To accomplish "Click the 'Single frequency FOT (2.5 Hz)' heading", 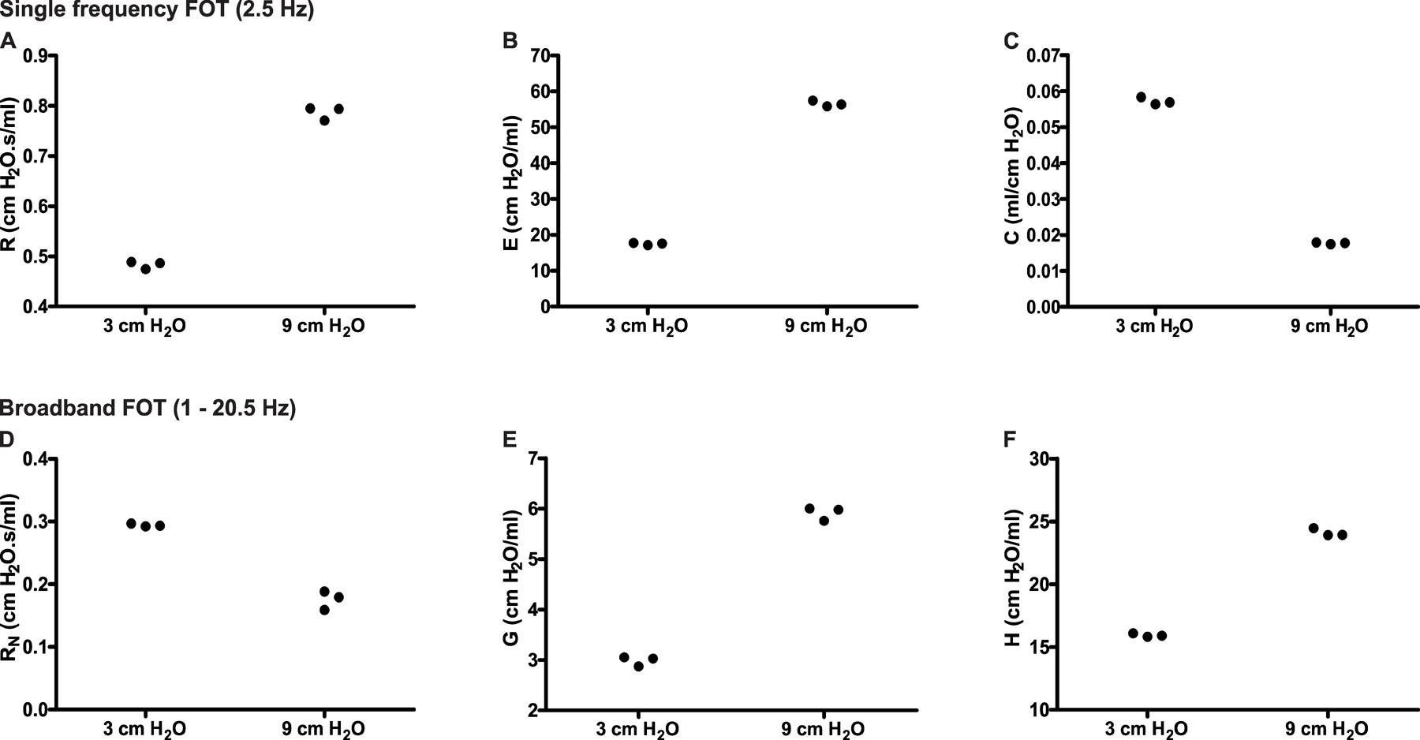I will click(156, 11).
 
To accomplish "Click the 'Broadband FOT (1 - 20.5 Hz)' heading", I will click(148, 408).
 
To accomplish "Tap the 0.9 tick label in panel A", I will click(34, 56).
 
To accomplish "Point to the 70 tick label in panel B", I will click(540, 56).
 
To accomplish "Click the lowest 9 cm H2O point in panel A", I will click(324, 120).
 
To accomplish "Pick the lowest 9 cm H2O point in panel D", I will click(324, 609).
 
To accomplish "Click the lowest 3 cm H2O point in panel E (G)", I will click(638, 667).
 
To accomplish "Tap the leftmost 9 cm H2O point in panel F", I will click(1313, 529).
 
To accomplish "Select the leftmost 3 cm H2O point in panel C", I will click(1141, 97).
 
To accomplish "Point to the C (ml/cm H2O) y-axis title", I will click(1013, 175).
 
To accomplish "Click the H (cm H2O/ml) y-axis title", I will click(1013, 578).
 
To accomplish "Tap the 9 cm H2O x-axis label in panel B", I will click(825, 327).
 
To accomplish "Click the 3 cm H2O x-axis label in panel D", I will click(144, 729).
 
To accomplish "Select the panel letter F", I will click(1009, 440).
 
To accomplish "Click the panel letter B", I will click(510, 41).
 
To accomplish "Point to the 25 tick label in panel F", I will click(1045, 522).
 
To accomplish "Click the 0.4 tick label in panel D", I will click(34, 459).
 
